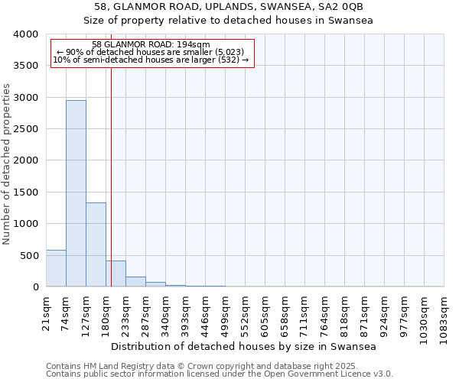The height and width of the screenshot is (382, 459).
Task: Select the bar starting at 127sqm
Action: (96, 244)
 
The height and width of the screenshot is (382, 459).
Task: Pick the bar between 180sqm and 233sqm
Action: (116, 274)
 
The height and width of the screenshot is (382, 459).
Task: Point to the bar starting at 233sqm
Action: (135, 282)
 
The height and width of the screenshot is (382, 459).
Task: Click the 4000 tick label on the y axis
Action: (26, 34)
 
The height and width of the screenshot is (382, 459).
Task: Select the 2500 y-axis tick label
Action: (26, 129)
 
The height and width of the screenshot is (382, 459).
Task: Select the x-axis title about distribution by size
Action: (244, 347)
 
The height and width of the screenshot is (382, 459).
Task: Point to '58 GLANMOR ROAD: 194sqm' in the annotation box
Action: (150, 45)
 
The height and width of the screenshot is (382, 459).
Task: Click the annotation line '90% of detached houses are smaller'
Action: (150, 52)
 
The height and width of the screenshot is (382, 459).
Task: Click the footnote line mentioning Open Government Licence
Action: (220, 374)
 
